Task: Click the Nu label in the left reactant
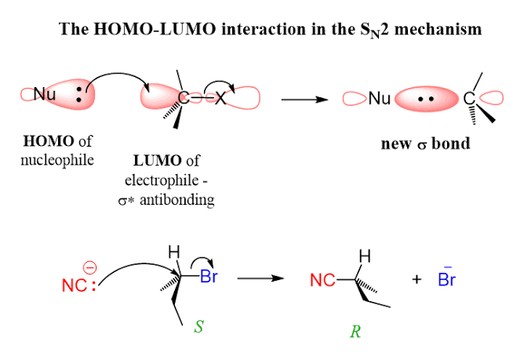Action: click(45, 95)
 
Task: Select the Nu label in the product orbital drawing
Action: click(380, 99)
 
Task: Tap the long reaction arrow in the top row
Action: click(305, 100)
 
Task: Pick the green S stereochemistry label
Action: click(198, 323)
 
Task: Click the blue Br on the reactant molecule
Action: click(209, 276)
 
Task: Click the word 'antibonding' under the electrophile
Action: click(185, 200)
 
